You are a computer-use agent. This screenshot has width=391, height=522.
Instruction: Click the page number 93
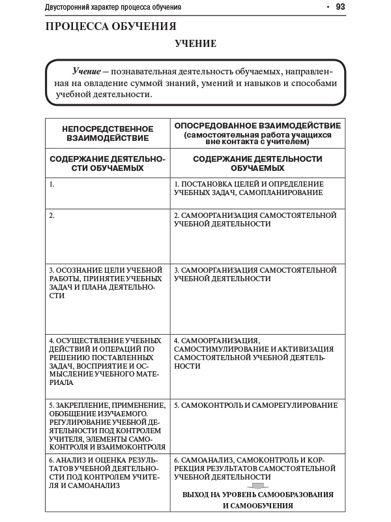pyautogui.click(x=340, y=7)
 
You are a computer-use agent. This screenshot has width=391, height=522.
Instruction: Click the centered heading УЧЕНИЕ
pyautogui.click(x=195, y=44)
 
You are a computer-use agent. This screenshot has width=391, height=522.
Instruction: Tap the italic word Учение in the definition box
pyautogui.click(x=86, y=71)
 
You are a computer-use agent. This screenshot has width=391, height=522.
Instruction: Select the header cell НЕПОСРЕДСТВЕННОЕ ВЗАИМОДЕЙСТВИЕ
pyautogui.click(x=108, y=133)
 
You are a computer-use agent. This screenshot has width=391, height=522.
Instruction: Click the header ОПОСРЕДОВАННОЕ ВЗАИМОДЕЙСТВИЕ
pyautogui.click(x=257, y=125)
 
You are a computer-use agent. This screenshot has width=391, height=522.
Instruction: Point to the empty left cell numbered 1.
pyautogui.click(x=108, y=193)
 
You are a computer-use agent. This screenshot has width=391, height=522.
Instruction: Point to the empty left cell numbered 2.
pyautogui.click(x=108, y=236)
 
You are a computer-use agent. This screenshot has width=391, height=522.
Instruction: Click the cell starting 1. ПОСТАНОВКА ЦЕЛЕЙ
pyautogui.click(x=258, y=189)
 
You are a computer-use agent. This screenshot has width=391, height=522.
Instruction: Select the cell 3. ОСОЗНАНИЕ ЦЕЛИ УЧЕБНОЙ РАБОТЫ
pyautogui.click(x=108, y=283)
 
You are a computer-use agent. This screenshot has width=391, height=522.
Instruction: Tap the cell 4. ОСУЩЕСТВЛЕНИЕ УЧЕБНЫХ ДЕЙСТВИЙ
pyautogui.click(x=108, y=361)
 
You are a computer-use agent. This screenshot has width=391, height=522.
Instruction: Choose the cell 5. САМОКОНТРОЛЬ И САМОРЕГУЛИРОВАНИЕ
pyautogui.click(x=258, y=405)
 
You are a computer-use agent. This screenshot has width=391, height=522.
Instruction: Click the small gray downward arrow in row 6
pyautogui.click(x=258, y=485)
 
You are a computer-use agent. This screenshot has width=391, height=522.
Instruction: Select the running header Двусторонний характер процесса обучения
pyautogui.click(x=113, y=7)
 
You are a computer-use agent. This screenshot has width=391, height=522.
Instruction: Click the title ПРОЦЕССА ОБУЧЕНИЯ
pyautogui.click(x=111, y=27)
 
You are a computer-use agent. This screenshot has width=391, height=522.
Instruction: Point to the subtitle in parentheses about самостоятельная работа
pyautogui.click(x=257, y=137)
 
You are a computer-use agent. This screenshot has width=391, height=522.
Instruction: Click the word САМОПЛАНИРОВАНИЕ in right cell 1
pyautogui.click(x=283, y=193)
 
